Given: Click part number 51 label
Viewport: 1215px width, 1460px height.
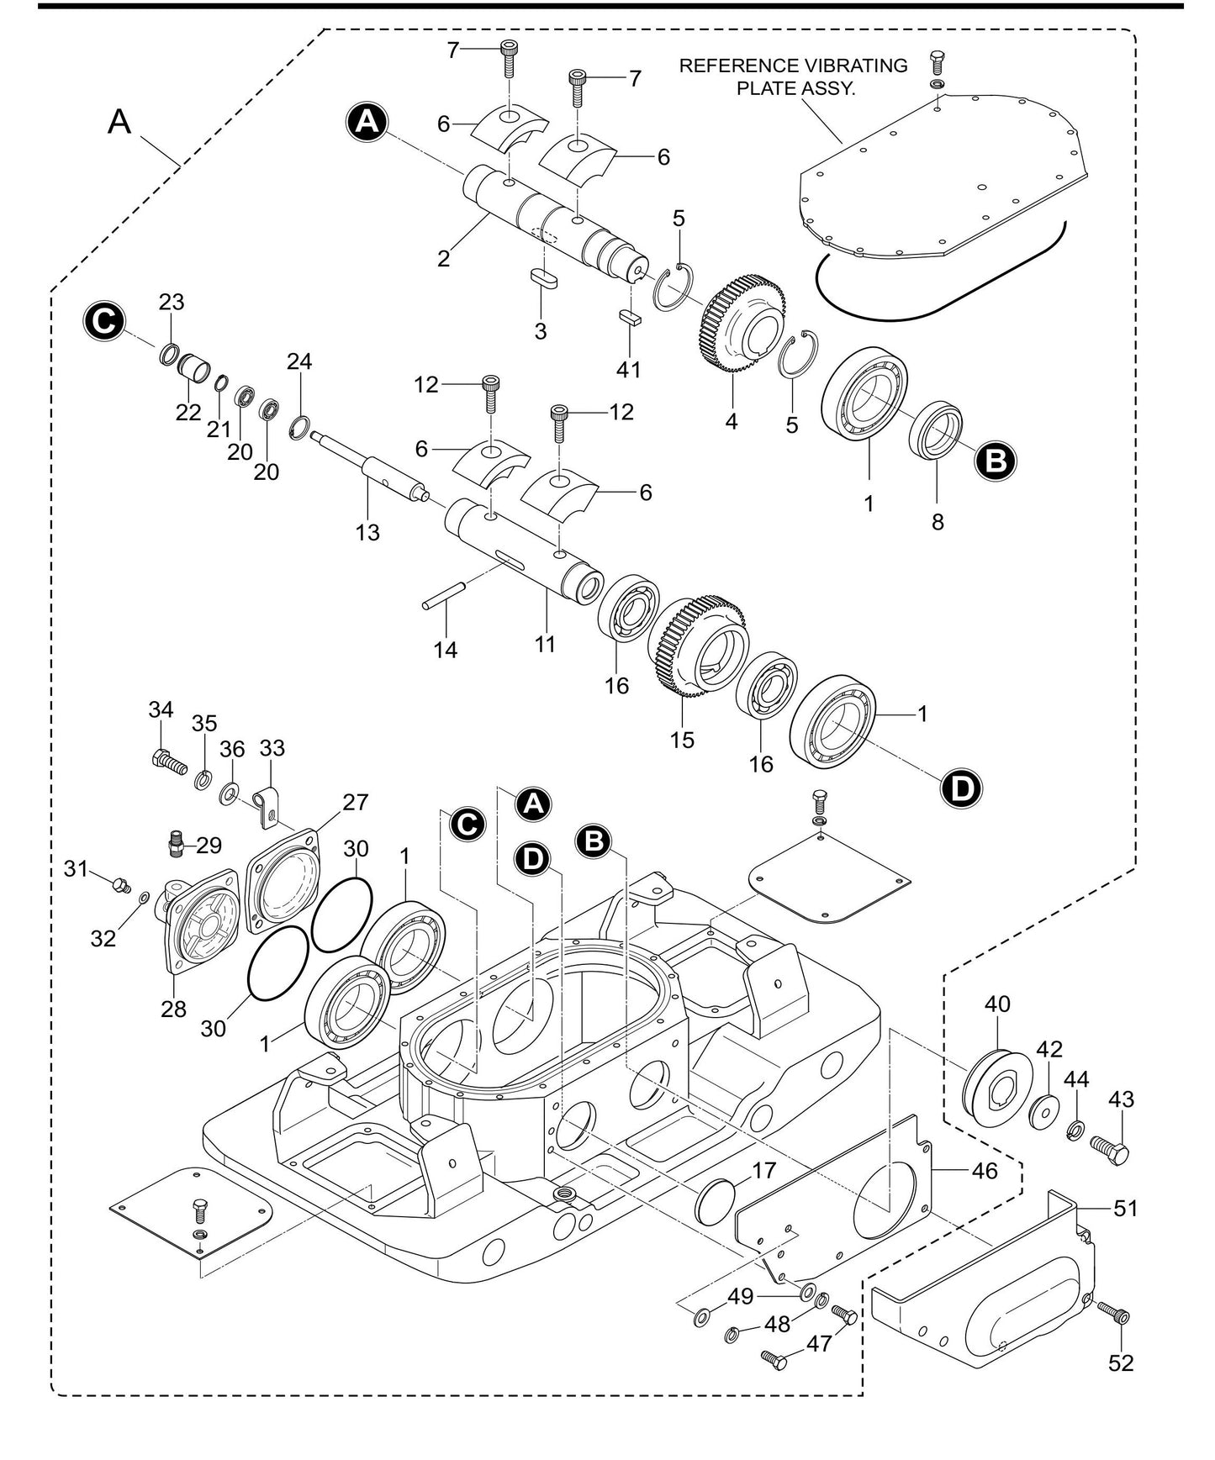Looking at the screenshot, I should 1125,1209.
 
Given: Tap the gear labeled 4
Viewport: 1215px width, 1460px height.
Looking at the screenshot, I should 744,325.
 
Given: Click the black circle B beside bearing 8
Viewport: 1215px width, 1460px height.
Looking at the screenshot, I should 996,461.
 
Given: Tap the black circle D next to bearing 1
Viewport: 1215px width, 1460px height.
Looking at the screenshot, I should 960,788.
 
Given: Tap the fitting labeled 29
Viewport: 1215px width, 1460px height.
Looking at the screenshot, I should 177,843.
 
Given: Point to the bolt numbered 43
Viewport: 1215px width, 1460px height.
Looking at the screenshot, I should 1110,1149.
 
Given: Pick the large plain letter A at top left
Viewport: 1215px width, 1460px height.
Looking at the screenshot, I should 120,123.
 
